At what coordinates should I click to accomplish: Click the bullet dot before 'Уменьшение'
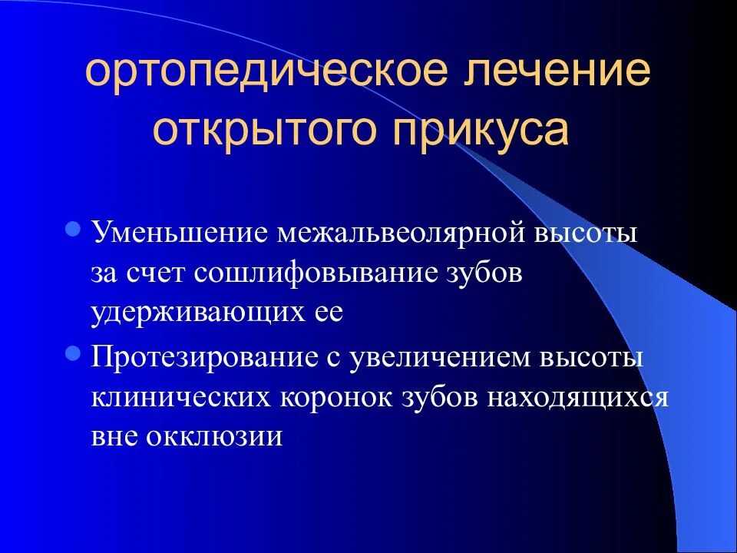coord(74,228)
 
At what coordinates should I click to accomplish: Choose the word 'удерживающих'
coord(190,314)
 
